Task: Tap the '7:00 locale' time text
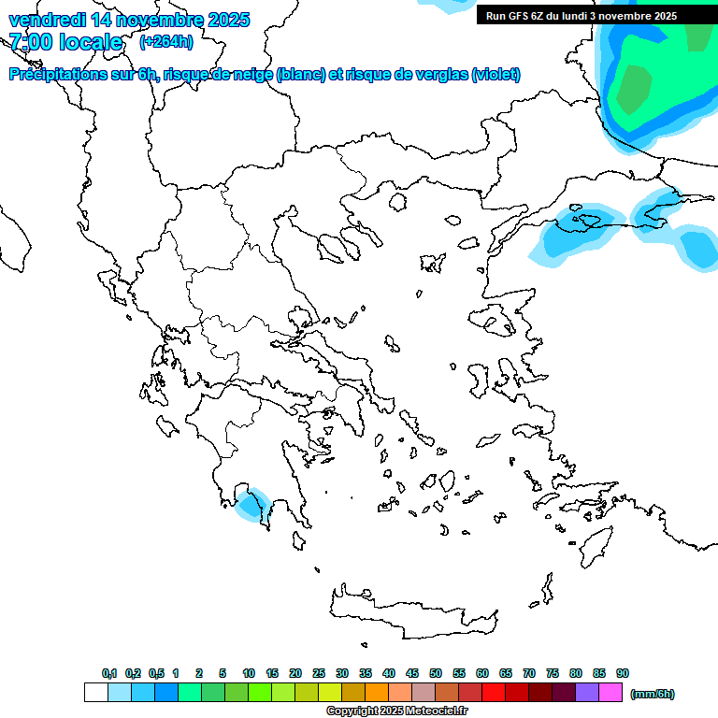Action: point(65,42)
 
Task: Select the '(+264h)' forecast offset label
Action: point(166,42)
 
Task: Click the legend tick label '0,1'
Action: point(109,673)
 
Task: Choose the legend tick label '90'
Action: point(623,673)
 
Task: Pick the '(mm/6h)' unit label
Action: point(653,694)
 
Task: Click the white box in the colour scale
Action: point(95,693)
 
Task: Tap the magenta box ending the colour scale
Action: point(610,693)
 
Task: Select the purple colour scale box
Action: point(587,693)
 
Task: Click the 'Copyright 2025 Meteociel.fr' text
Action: point(396,711)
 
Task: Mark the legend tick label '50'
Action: point(436,673)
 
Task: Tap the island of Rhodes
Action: point(595,546)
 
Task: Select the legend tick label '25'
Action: point(319,673)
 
